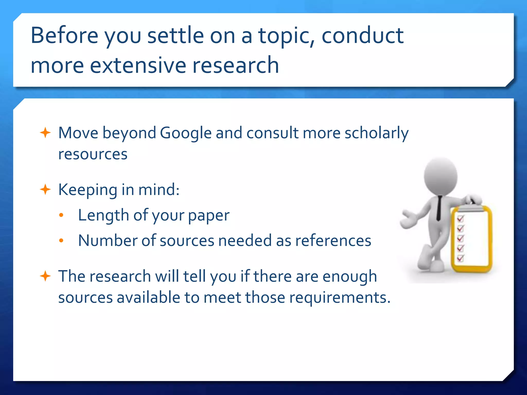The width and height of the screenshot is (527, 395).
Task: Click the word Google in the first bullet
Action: coord(186,133)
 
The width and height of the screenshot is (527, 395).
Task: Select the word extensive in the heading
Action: coord(138,65)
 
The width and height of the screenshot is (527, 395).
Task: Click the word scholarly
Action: coord(376,133)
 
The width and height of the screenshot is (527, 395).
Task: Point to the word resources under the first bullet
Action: coord(93,154)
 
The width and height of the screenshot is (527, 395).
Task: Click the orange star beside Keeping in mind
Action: coord(45,190)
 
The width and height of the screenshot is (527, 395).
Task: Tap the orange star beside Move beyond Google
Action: coord(45,133)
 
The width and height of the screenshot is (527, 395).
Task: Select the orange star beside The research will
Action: coord(45,276)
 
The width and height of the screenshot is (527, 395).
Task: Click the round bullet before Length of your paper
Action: coord(61,216)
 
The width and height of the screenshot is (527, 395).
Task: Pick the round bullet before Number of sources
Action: coord(61,241)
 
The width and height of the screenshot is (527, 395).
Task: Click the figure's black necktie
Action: coord(439,208)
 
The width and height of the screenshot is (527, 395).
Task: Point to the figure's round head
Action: coord(441,177)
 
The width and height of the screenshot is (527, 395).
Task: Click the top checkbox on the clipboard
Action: coord(460,219)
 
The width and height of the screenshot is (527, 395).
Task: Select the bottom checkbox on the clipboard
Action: coord(460,258)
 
